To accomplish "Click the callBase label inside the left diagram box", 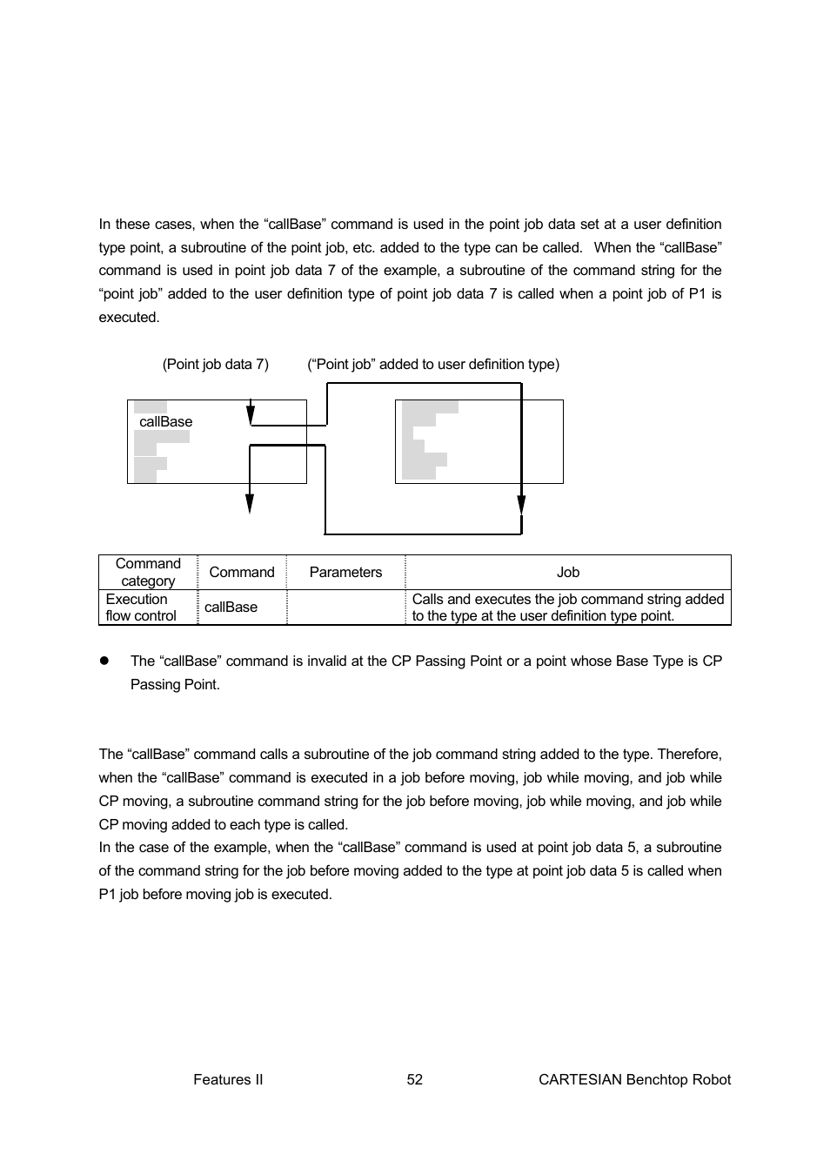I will tap(165, 421).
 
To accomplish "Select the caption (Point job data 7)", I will tap(215, 364).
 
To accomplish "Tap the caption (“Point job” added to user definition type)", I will tap(432, 364).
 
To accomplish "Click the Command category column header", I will tap(148, 572).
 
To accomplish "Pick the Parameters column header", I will tap(345, 572).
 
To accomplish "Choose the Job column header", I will tap(567, 572).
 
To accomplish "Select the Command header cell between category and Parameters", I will tap(242, 572).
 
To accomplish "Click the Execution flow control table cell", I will tap(141, 607).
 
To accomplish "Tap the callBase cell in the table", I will tap(231, 607).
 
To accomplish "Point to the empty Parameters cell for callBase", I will tap(345, 607).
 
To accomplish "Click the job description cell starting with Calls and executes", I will tap(567, 607).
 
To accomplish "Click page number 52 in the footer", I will tap(415, 1079).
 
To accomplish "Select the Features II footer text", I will tap(228, 1079).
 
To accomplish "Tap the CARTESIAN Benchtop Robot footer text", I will tap(634, 1079).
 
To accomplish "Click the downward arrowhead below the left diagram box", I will tap(250, 503).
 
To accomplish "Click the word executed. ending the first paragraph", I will tap(129, 317).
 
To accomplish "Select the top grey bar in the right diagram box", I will tap(430, 407).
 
